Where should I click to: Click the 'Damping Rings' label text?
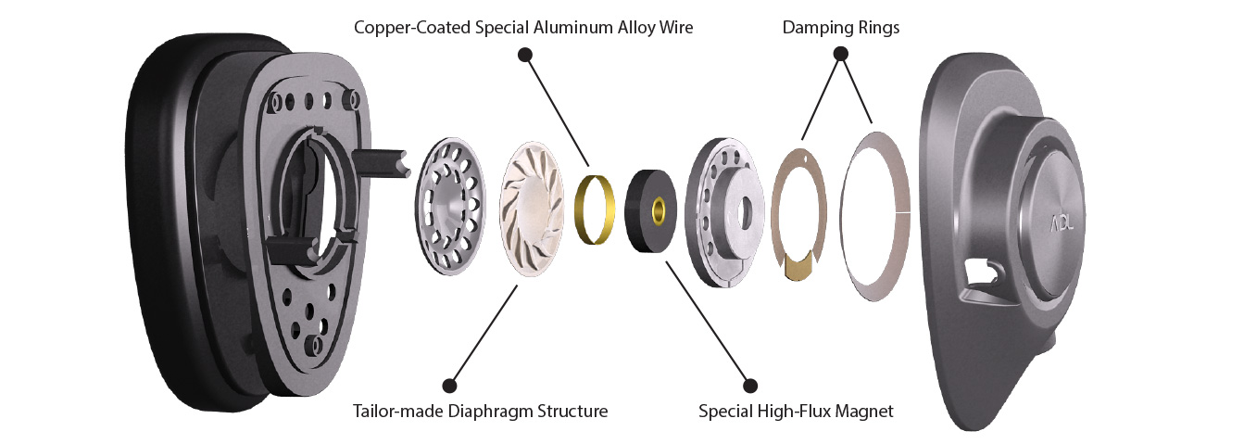pyautogui.click(x=840, y=28)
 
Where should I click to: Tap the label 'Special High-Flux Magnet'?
pyautogui.click(x=796, y=411)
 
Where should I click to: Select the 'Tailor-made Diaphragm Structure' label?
pyautogui.click(x=480, y=411)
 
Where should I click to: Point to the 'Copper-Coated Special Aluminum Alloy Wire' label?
pyautogui.click(x=523, y=28)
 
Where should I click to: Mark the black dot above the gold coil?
pyautogui.click(x=525, y=55)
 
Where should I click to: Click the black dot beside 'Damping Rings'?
pyautogui.click(x=842, y=55)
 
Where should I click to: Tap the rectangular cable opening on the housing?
pyautogui.click(x=980, y=273)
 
